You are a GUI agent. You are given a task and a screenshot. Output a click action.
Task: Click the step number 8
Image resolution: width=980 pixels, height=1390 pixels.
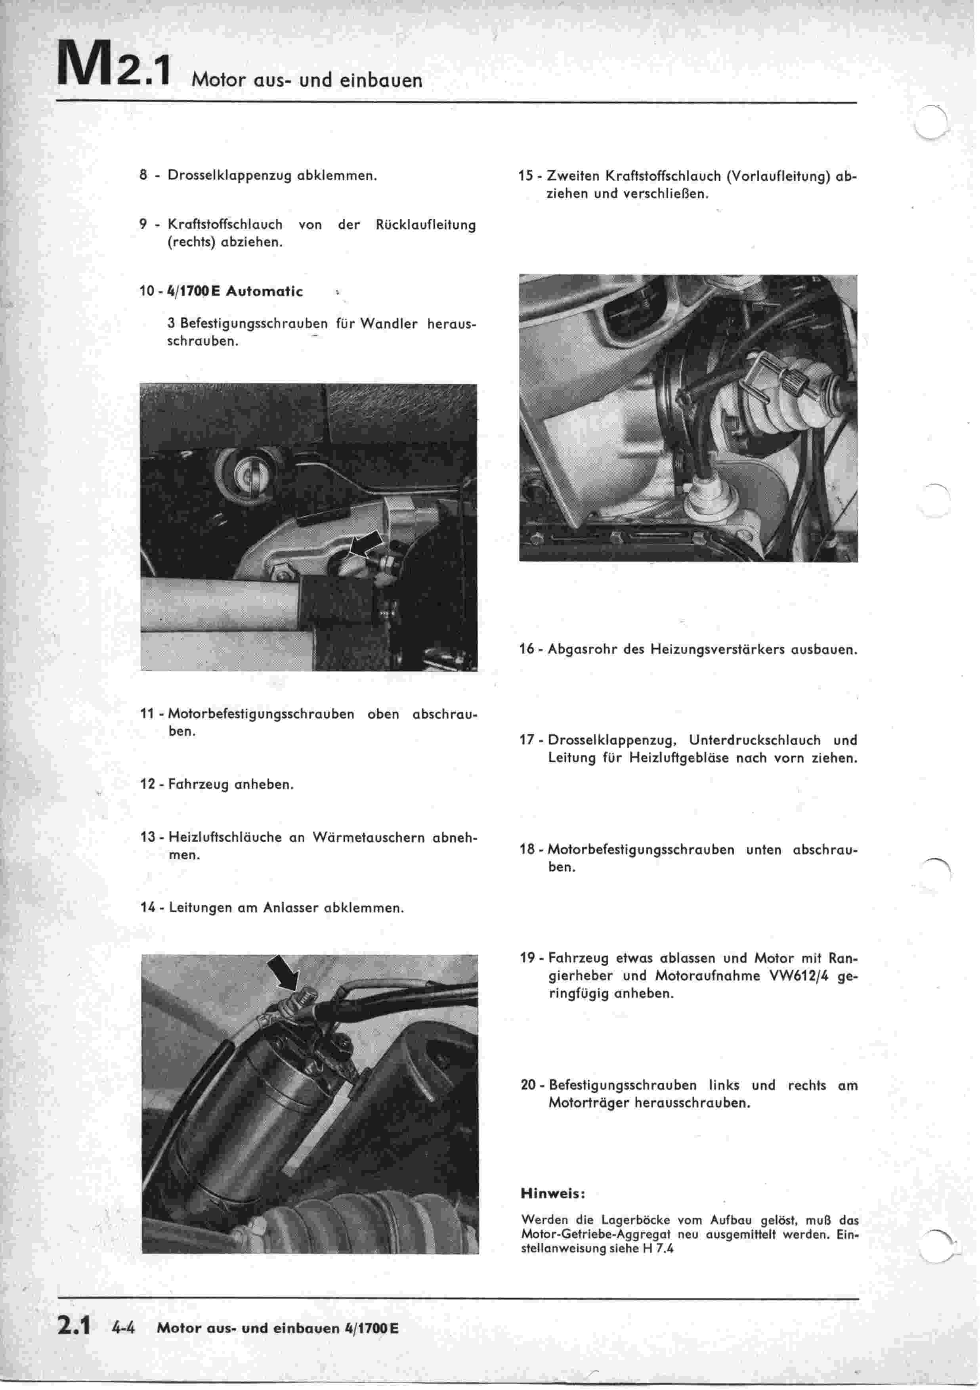coord(143,176)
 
